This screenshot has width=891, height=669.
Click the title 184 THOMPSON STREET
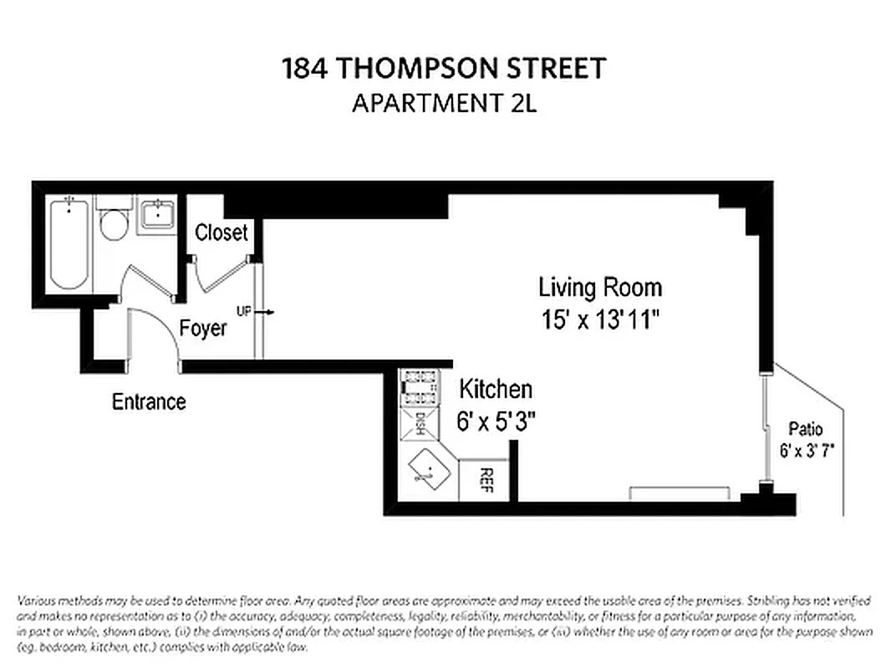click(x=444, y=69)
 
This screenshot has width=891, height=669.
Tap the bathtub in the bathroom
click(x=69, y=243)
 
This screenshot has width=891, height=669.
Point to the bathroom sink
click(x=155, y=215)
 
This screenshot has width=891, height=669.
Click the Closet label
click(x=221, y=232)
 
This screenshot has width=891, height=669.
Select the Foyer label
click(x=203, y=328)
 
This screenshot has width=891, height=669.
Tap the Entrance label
click(x=149, y=402)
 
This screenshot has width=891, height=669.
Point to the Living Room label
click(x=599, y=288)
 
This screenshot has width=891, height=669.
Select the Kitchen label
click(x=496, y=389)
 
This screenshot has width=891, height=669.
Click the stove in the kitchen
click(x=417, y=387)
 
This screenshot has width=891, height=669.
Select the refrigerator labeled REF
click(x=485, y=481)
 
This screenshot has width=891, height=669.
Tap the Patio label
click(x=806, y=430)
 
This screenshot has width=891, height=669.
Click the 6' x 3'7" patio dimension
click(x=806, y=450)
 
